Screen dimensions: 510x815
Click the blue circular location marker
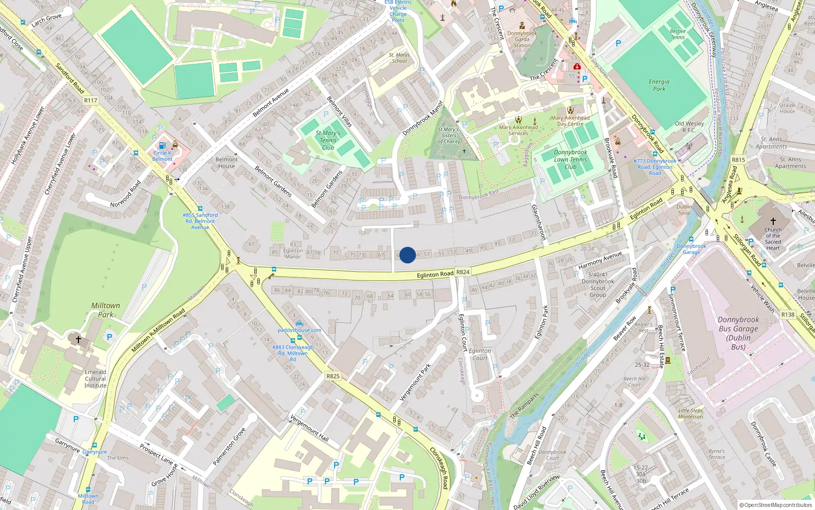pyautogui.click(x=407, y=255)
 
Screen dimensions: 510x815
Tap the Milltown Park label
pyautogui.click(x=105, y=310)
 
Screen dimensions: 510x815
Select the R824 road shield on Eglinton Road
pyautogui.click(x=463, y=272)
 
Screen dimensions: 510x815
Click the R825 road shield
pyautogui.click(x=333, y=376)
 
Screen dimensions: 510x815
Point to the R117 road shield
pyautogui.click(x=90, y=100)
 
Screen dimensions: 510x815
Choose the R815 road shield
pyautogui.click(x=738, y=160)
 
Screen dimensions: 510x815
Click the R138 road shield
pyautogui.click(x=787, y=315)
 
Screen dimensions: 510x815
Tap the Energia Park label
pyautogui.click(x=659, y=85)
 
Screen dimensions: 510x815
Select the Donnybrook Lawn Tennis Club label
pyautogui.click(x=570, y=159)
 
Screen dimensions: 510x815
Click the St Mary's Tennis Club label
pyautogui.click(x=328, y=140)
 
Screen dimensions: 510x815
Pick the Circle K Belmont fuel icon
pyautogui.click(x=162, y=145)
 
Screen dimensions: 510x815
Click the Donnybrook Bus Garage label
pyautogui.click(x=738, y=333)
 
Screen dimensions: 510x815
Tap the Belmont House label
pyautogui.click(x=227, y=163)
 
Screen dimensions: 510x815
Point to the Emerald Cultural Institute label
pyautogui.click(x=95, y=379)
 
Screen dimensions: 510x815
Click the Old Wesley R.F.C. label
pyautogui.click(x=689, y=126)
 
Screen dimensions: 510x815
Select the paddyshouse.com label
pyautogui.click(x=300, y=330)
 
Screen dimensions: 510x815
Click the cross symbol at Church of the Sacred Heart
pyautogui.click(x=773, y=221)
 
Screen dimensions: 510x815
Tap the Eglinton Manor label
pyautogui.click(x=293, y=253)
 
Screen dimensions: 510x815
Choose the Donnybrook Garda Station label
pyautogui.click(x=522, y=39)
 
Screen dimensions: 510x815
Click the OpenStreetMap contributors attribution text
pyautogui.click(x=776, y=505)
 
